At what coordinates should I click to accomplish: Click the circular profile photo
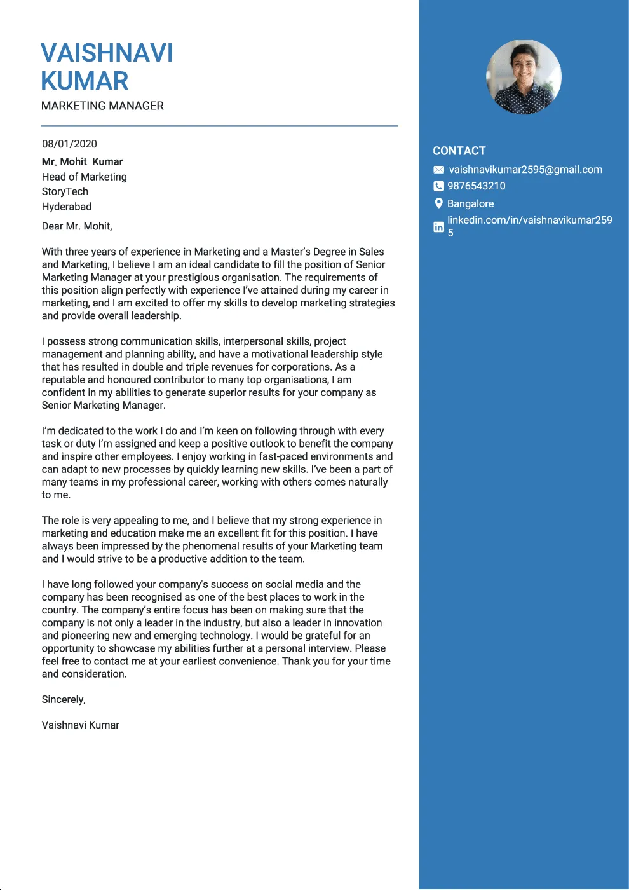tap(524, 77)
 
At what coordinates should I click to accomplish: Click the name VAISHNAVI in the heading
tap(107, 53)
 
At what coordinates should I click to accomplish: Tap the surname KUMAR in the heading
tap(85, 81)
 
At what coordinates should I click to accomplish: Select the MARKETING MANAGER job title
tap(102, 106)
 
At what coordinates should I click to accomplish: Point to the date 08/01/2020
tap(69, 144)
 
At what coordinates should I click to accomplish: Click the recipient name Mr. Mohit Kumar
tap(82, 162)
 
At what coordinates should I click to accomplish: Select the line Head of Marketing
tap(84, 177)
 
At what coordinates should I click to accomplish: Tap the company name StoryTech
tap(65, 192)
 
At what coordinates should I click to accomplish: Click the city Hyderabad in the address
tap(67, 207)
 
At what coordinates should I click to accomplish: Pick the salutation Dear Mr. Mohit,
tap(77, 227)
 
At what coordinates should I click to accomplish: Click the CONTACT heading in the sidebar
tap(459, 151)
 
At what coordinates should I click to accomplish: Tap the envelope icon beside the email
tap(438, 170)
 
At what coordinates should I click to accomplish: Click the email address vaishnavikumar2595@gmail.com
tap(525, 170)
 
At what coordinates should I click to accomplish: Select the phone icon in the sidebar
tap(438, 186)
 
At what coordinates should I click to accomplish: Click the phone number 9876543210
tap(476, 186)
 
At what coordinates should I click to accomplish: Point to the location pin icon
tap(438, 203)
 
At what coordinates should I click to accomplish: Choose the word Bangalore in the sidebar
tap(470, 204)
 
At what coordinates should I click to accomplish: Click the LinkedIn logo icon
tap(438, 227)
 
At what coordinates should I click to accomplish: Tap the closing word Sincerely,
tap(64, 700)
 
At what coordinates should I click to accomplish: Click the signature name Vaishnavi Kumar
tap(80, 725)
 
